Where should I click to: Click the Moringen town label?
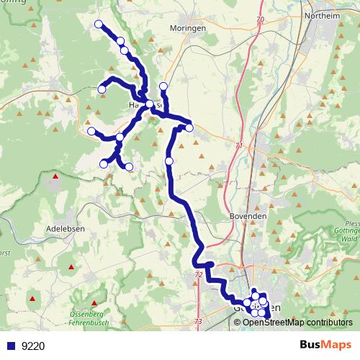[x=188, y=27]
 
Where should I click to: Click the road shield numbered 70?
[x=259, y=19]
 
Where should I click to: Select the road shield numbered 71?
[x=239, y=145]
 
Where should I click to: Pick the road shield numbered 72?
[x=198, y=276]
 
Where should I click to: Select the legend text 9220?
[x=33, y=346]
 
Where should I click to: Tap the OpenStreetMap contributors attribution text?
[x=297, y=322]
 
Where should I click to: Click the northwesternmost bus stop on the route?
[x=99, y=24]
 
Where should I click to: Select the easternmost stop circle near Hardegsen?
[x=189, y=128]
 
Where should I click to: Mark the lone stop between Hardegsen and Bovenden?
[x=169, y=161]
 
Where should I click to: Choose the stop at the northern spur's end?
[x=163, y=87]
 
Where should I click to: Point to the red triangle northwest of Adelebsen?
[x=55, y=175]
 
